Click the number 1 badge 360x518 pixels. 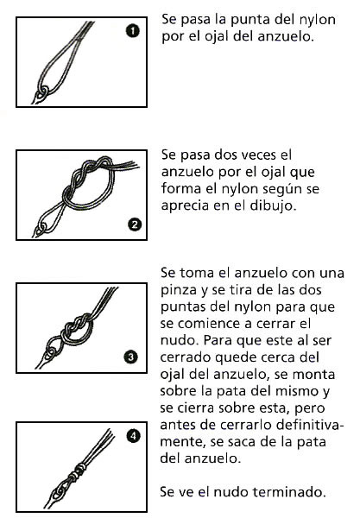[x=132, y=32]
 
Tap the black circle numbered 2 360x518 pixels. [x=134, y=225]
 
